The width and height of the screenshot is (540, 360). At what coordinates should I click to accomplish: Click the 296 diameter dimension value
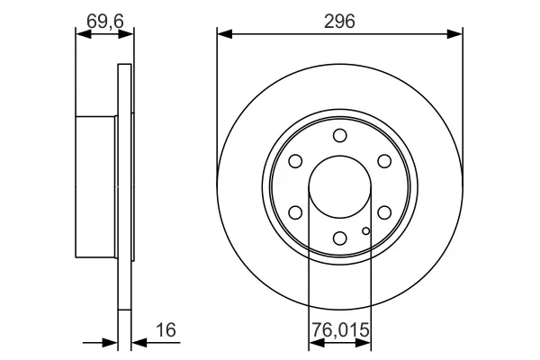click(x=339, y=22)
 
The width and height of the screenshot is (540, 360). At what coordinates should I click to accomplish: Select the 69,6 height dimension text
click(x=105, y=22)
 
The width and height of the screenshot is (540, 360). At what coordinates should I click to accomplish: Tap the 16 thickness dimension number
click(x=166, y=329)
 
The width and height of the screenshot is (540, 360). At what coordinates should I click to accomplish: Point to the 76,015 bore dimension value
click(x=340, y=329)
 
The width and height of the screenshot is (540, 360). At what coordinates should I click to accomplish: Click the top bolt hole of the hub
click(x=340, y=135)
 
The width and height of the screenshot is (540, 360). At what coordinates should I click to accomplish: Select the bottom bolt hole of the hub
click(x=340, y=238)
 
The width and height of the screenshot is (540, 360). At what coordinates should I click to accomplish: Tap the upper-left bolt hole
click(x=295, y=161)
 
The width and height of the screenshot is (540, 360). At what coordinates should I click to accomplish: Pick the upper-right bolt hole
click(x=384, y=161)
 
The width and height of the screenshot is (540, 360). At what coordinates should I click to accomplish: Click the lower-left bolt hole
click(x=295, y=212)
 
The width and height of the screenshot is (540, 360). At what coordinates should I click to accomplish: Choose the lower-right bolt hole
click(x=384, y=212)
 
